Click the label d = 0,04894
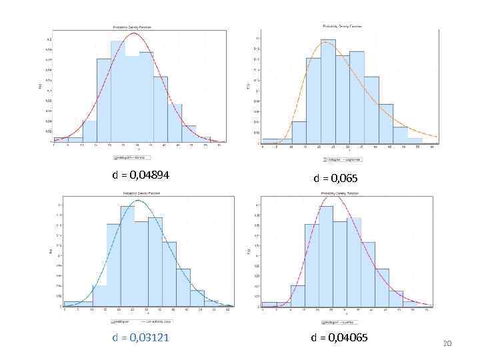pyautogui.click(x=141, y=175)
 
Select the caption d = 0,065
pyautogui.click(x=335, y=179)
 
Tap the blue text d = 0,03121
pyautogui.click(x=141, y=338)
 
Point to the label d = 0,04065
pyautogui.click(x=339, y=338)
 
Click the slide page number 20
pyautogui.click(x=447, y=343)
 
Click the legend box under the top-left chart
pyautogui.click(x=132, y=158)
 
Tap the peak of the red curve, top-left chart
pyautogui.click(x=134, y=33)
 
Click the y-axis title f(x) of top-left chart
pyautogui.click(x=40, y=85)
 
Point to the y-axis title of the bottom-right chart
pyautogui.click(x=249, y=251)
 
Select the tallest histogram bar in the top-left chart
pyautogui.click(x=117, y=91)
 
